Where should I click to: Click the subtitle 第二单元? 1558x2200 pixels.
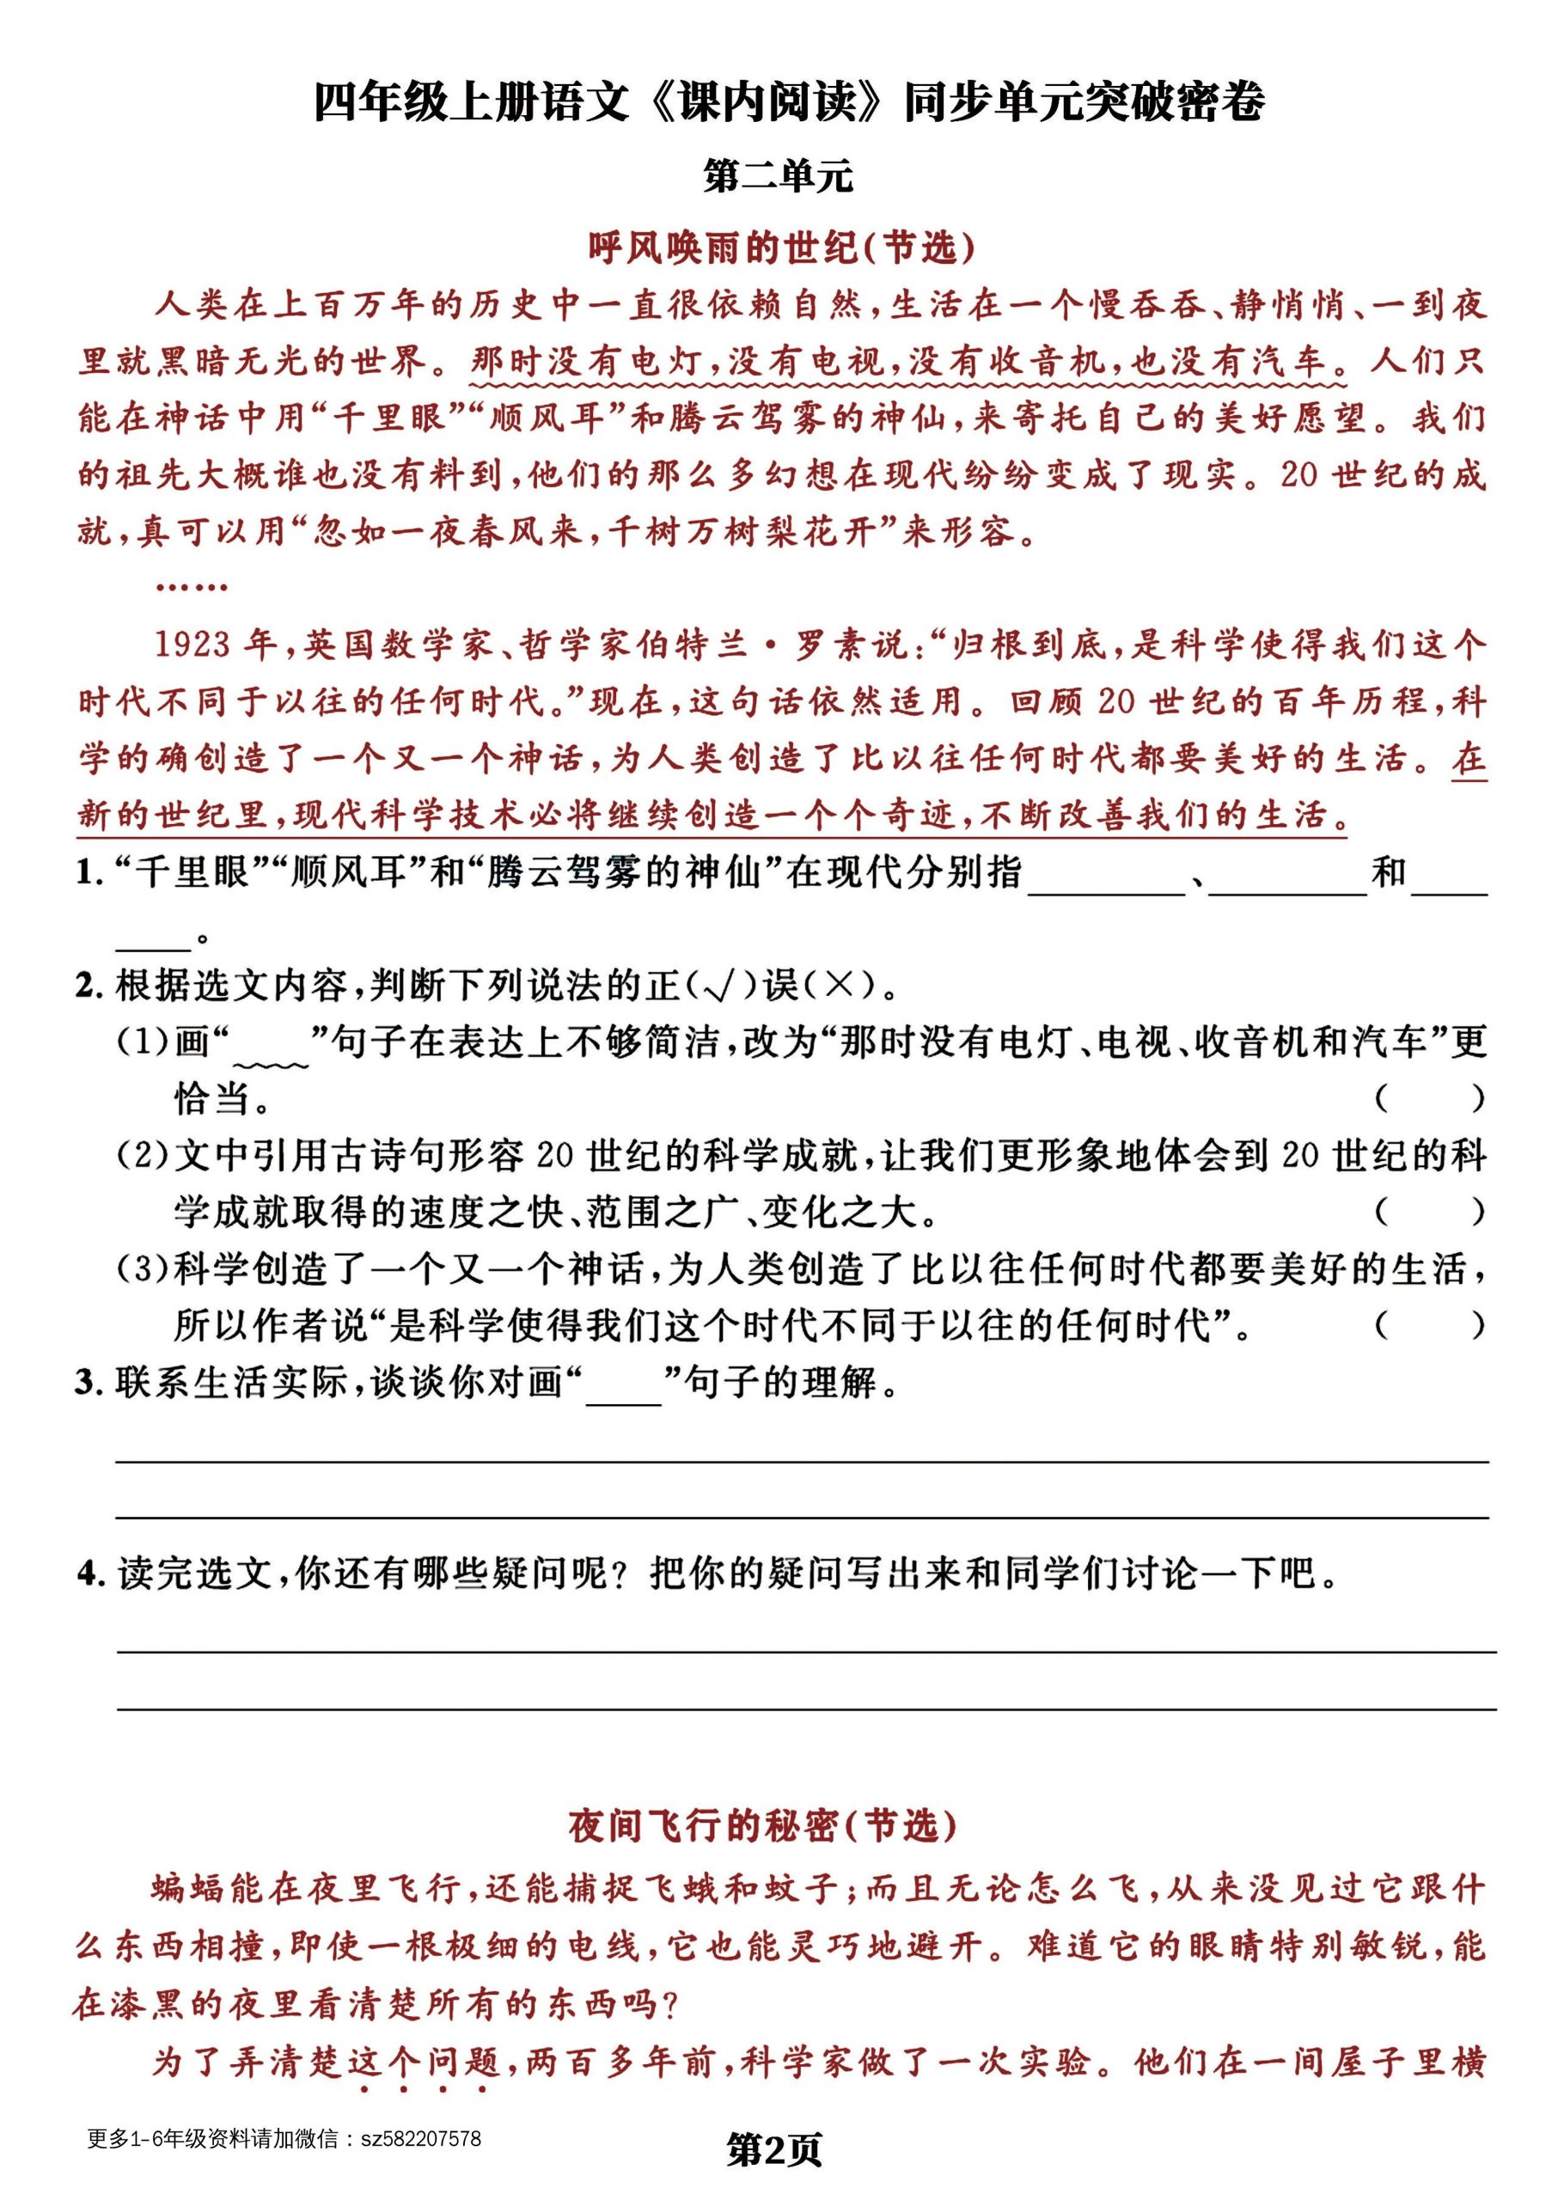778,176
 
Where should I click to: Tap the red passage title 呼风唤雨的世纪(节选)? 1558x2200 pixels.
781,248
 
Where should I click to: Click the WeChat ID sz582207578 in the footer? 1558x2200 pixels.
420,2139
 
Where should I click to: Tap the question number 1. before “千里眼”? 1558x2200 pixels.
89,872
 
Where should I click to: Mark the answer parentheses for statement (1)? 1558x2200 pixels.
1429,1098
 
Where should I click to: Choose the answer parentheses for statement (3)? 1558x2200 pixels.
1429,1326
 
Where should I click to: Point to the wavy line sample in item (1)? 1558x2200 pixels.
271,1063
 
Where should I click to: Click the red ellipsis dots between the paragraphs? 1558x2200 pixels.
191,586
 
